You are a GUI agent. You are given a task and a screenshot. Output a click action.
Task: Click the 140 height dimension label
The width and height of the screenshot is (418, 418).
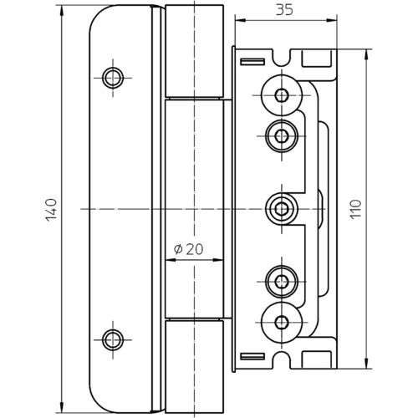51,210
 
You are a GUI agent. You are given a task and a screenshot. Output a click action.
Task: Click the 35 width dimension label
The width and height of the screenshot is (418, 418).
284,10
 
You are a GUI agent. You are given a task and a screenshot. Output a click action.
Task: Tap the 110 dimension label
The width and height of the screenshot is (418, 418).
356,209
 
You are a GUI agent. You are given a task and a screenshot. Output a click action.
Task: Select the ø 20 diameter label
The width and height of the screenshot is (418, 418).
189,249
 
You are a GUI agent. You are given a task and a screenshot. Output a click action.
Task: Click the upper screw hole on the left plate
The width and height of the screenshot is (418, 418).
113,78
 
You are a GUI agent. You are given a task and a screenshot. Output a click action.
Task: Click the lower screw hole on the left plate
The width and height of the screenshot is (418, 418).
113,340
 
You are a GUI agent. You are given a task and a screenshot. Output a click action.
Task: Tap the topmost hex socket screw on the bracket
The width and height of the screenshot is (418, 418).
282,95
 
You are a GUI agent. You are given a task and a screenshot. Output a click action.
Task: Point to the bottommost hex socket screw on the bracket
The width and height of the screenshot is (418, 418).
282,323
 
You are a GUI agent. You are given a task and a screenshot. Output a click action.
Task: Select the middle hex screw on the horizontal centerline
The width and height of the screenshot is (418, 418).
282,209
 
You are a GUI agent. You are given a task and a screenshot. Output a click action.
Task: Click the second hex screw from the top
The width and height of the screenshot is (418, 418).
282,136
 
